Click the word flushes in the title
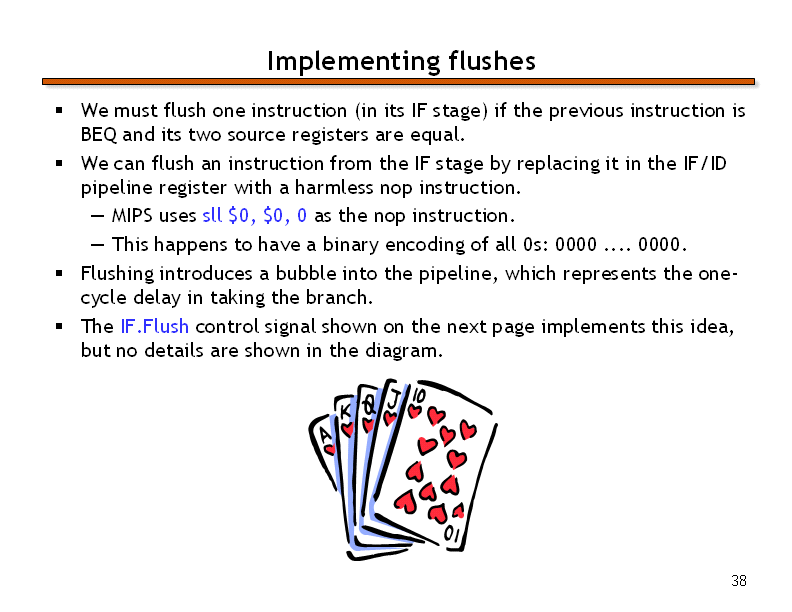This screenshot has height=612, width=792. pos(492,61)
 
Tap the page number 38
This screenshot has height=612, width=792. pos(739,581)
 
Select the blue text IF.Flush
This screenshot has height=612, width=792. pos(155,326)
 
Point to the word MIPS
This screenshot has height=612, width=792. pos(132,216)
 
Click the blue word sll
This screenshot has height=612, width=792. pos(212,216)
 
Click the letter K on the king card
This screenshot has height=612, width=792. pos(344,412)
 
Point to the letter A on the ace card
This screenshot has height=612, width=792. pos(325,435)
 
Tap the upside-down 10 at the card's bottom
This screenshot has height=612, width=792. pos(452,534)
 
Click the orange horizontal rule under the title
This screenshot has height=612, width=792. pos(398,81)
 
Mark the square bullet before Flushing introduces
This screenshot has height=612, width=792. pos(60,273)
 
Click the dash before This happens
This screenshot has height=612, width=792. pos(97,245)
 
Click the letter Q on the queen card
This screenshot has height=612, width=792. pos(369,405)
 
